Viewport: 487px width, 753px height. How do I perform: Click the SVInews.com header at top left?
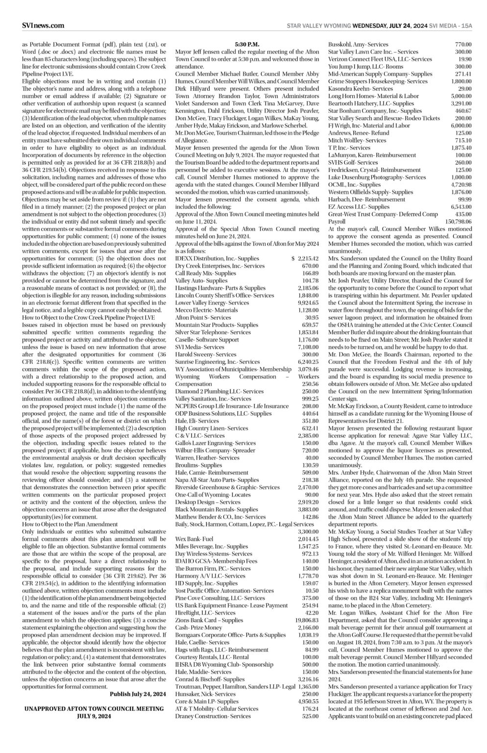tap(43, 25)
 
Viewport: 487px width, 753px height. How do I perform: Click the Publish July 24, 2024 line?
tap(138, 694)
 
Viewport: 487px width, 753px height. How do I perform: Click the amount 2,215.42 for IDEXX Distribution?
tap(305, 258)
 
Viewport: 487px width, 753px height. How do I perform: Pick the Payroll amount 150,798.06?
tap(457, 222)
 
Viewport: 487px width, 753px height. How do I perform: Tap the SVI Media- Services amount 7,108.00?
tap(307, 347)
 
